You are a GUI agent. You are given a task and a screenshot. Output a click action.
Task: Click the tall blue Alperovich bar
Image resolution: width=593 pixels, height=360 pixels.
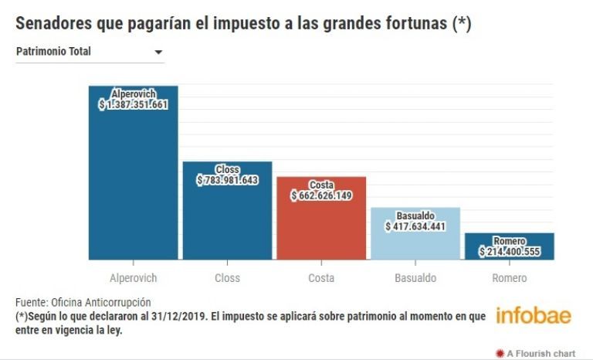[134, 185]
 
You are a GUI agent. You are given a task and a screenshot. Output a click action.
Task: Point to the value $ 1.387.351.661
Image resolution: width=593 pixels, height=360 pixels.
[134, 104]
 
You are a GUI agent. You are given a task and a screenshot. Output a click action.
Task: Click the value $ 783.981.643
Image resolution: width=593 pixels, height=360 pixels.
[227, 180]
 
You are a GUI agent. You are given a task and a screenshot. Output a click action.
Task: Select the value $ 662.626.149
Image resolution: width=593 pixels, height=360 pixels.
[321, 196]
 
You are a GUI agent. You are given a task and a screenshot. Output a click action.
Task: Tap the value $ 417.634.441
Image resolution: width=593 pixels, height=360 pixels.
[415, 227]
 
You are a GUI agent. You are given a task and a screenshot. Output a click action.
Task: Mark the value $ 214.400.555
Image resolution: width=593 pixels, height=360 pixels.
[510, 252]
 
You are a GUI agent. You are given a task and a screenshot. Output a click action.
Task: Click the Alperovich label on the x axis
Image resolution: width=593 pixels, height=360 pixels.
[134, 278]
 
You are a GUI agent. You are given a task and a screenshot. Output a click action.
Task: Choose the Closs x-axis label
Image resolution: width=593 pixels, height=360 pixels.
[227, 278]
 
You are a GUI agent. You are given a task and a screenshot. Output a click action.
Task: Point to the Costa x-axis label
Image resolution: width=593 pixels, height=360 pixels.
[321, 278]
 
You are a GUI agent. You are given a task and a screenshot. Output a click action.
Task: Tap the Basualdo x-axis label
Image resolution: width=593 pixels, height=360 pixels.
[415, 278]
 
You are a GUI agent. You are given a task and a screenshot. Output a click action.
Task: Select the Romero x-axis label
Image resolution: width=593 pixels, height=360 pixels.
[510, 278]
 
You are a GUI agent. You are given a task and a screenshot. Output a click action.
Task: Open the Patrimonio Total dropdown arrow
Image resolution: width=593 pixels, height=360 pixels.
[158, 53]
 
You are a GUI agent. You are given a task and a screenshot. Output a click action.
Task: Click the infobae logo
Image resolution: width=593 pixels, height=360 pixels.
[533, 316]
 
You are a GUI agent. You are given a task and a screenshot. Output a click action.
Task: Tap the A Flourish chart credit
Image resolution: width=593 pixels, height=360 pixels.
[539, 352]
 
